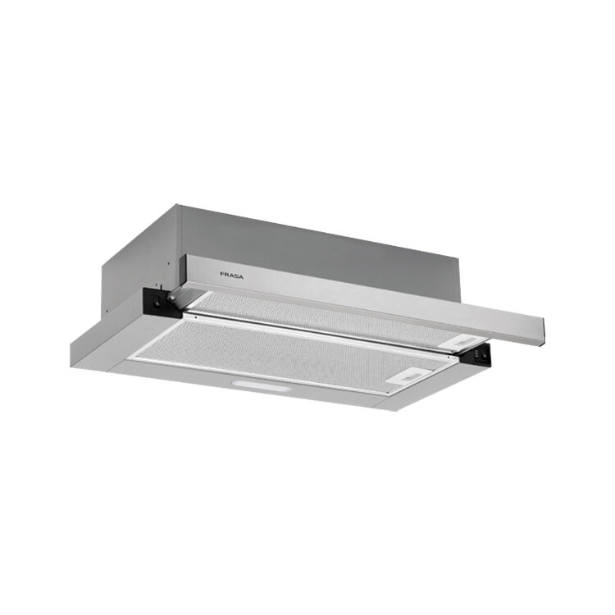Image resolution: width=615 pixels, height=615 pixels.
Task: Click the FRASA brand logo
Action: click(x=231, y=276)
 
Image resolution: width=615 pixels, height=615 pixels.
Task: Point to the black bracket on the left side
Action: click(x=162, y=301)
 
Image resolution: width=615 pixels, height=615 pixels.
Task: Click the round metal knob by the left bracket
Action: click(x=171, y=298)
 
